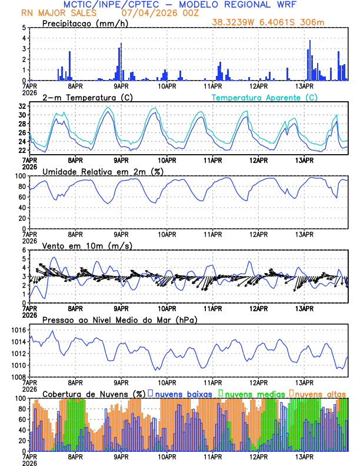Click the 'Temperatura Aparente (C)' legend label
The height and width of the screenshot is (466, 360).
pos(264,97)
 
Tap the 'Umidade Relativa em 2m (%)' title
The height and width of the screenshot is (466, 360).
pos(103,171)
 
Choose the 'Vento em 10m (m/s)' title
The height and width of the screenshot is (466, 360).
pos(79,245)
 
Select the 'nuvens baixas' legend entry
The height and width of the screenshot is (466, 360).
pos(184,394)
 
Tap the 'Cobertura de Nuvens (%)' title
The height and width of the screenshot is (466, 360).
pos(94,394)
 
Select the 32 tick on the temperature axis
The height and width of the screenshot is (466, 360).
pos(21,106)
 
